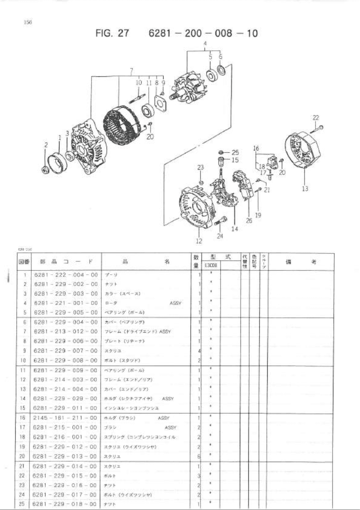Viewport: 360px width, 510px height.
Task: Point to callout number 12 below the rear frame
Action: (x=199, y=241)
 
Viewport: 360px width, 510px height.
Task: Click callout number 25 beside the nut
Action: (x=235, y=152)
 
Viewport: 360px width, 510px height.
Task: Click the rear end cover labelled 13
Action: (x=304, y=153)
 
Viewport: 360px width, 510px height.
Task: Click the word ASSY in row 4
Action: (x=175, y=303)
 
